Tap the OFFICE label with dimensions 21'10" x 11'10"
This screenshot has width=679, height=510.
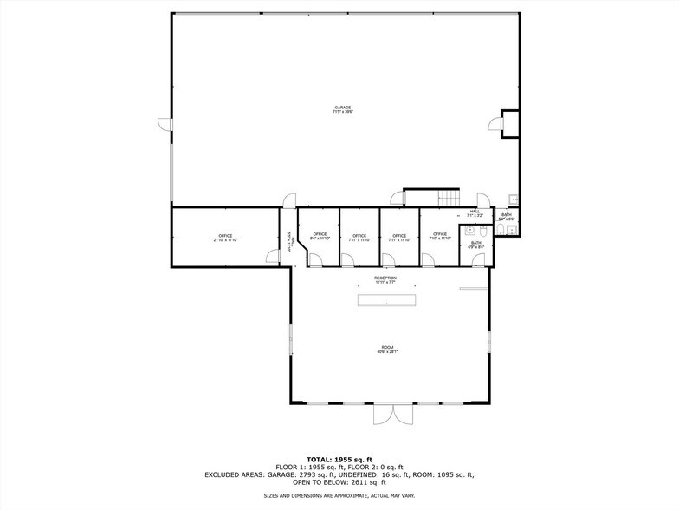coord(225,237)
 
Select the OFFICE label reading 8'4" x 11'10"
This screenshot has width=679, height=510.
coord(320,237)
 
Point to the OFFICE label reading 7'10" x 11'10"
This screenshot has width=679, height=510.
coord(440,237)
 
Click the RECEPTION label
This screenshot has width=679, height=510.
coord(385,279)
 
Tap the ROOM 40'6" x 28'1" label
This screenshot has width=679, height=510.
coord(385,350)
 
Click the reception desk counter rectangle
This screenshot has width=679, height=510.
coord(385,299)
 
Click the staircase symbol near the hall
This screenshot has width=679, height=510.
coord(448,198)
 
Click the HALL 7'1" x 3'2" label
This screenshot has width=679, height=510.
coord(475,213)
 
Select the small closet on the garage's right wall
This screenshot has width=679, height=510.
coord(510,123)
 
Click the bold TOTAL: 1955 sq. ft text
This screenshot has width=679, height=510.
coord(339,459)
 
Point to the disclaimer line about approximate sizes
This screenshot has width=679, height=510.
coord(339,495)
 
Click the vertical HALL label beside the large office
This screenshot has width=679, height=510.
coord(289,241)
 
